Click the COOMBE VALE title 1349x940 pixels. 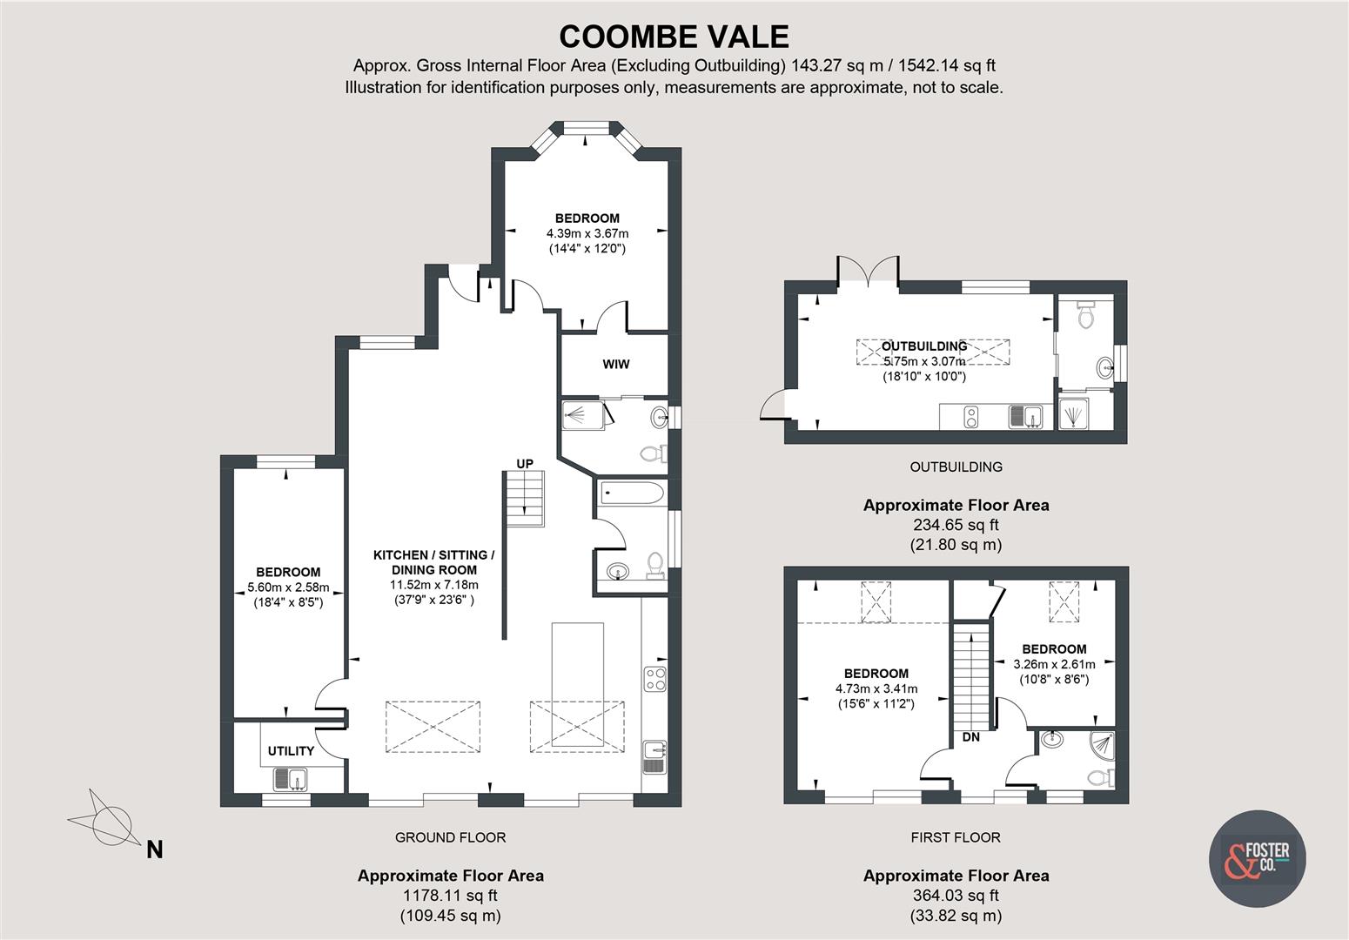(674, 36)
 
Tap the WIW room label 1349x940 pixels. (616, 364)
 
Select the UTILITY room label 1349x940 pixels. (291, 751)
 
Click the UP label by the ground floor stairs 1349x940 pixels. (525, 464)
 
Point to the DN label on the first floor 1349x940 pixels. (971, 737)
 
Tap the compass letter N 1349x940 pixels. (154, 849)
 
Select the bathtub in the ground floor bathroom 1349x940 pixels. (632, 493)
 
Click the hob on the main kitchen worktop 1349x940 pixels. (655, 679)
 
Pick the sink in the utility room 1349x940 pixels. (290, 778)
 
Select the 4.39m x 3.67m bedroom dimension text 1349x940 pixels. (587, 233)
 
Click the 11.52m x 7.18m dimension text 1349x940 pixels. (434, 585)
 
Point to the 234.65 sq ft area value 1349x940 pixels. (956, 525)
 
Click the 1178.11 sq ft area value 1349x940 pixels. (450, 896)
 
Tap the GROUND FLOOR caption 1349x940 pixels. (450, 837)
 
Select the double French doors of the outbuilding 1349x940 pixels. (868, 272)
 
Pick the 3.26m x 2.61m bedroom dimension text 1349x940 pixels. (1054, 664)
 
